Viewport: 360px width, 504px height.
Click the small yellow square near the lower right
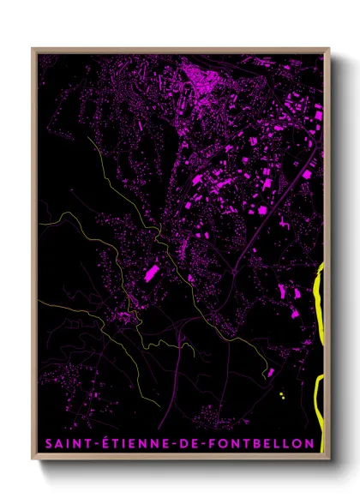(x=281, y=394)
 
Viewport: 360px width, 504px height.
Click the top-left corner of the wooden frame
(x=33, y=49)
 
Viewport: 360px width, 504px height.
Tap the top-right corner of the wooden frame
(x=328, y=49)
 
